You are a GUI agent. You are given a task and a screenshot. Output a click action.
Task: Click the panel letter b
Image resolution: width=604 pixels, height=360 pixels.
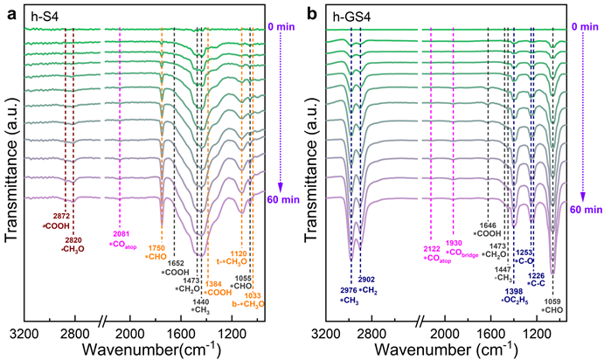(309, 8)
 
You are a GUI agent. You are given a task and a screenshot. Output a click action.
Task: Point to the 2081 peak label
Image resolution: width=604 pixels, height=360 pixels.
(120, 232)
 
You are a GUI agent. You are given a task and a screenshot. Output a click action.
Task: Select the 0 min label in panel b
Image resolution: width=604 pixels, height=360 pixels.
(585, 26)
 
